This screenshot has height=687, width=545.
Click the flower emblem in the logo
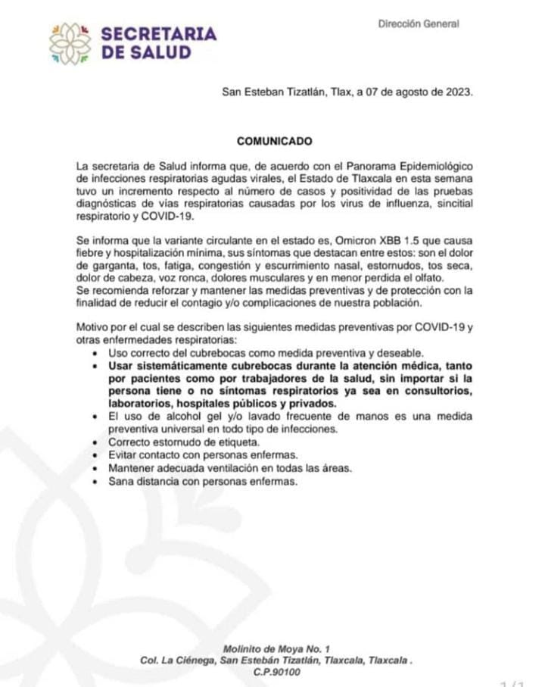click(x=70, y=43)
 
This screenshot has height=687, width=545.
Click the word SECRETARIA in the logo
click(x=158, y=34)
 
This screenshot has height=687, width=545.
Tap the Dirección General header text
click(x=419, y=23)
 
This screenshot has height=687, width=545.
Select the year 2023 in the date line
click(x=456, y=92)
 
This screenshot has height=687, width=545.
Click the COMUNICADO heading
click(x=274, y=141)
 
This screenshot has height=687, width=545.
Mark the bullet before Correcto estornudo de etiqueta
click(x=93, y=442)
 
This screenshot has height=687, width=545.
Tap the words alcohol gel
click(x=175, y=416)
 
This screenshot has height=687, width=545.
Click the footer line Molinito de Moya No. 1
click(x=277, y=648)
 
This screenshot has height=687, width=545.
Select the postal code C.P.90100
click(x=277, y=673)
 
